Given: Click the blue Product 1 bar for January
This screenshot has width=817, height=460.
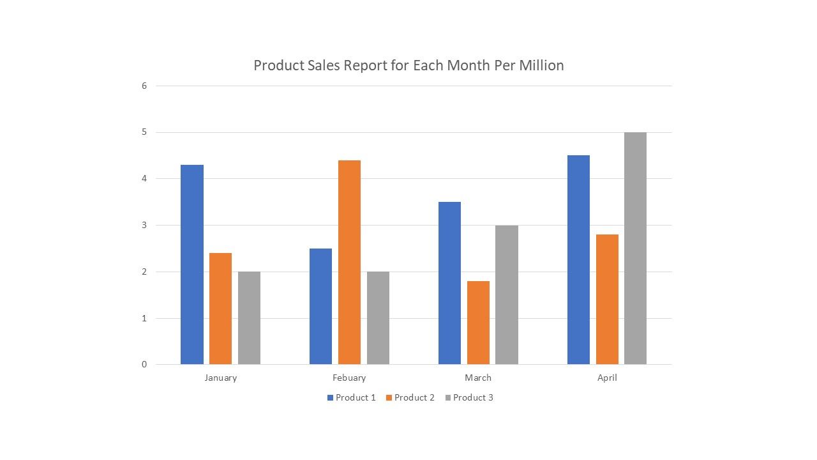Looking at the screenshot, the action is [192, 264].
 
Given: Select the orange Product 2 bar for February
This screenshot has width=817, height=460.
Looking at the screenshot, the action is [349, 262].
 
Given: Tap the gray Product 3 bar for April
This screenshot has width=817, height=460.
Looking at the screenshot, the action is [635, 249].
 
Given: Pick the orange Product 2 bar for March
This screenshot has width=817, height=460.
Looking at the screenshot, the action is [478, 323].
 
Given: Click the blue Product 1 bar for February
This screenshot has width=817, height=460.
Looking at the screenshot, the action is [320, 306].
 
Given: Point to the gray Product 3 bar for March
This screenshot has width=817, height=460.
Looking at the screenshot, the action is [507, 295].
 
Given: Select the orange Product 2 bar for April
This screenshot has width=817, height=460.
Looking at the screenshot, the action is [607, 300].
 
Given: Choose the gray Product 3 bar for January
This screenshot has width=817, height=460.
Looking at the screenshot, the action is [250, 318].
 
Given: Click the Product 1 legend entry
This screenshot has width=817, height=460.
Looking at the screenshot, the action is [352, 397].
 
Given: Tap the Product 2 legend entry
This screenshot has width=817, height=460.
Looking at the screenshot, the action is [410, 397].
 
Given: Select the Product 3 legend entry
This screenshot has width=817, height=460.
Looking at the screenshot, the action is [469, 397].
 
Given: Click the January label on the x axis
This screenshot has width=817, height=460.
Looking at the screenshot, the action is [221, 378].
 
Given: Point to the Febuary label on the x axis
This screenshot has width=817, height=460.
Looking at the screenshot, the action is [349, 378].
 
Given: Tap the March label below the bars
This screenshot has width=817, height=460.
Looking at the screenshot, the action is [478, 378].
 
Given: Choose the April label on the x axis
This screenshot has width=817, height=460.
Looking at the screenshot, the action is [607, 378].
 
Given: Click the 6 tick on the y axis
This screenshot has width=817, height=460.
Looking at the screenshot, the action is [144, 86].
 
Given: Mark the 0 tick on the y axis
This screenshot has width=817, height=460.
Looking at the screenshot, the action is [144, 364].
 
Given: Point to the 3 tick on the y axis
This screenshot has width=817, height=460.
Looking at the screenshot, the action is [144, 226].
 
